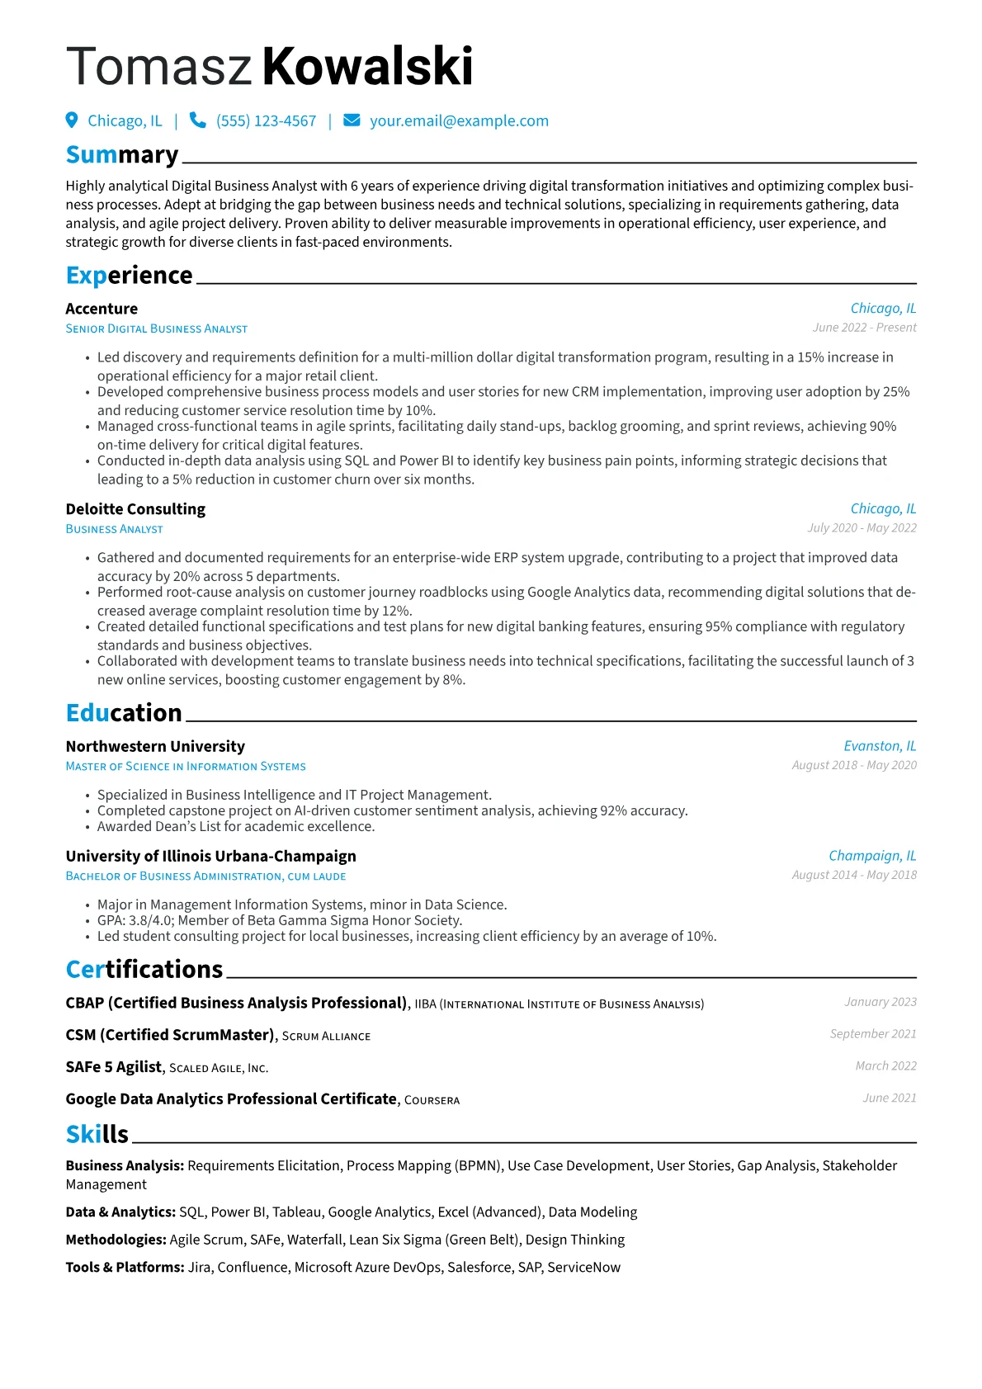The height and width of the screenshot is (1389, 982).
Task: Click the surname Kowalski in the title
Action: pyautogui.click(x=368, y=66)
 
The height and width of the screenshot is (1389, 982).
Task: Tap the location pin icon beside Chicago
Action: pyautogui.click(x=72, y=120)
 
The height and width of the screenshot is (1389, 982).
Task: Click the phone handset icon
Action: pyautogui.click(x=197, y=120)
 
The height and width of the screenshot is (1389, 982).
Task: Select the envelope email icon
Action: pyautogui.click(x=352, y=120)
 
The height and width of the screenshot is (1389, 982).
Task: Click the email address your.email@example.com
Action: pyautogui.click(x=459, y=120)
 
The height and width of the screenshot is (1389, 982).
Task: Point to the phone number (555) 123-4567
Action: pyautogui.click(x=266, y=120)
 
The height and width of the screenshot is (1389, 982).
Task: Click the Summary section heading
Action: pyautogui.click(x=122, y=154)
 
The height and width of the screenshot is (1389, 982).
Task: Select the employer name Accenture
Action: pyautogui.click(x=102, y=309)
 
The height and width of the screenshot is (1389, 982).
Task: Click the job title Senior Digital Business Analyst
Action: pyautogui.click(x=156, y=328)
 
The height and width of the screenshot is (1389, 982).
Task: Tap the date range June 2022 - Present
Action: pyautogui.click(x=864, y=328)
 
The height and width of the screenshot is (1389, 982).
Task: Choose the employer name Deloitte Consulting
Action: pyautogui.click(x=135, y=509)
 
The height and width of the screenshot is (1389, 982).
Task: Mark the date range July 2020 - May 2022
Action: pyautogui.click(x=862, y=528)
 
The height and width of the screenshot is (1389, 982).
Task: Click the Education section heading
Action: pyautogui.click(x=124, y=712)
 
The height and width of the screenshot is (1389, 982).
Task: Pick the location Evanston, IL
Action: pyautogui.click(x=880, y=746)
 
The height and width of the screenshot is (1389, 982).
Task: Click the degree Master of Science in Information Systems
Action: pyautogui.click(x=186, y=767)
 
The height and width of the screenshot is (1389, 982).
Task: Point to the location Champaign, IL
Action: pyautogui.click(x=872, y=856)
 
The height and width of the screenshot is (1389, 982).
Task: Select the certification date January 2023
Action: pyautogui.click(x=880, y=1002)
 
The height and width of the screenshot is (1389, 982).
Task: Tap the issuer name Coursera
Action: pyautogui.click(x=432, y=1100)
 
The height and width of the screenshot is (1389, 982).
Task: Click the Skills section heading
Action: pyautogui.click(x=97, y=1134)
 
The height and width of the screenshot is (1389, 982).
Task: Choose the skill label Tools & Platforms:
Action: pyautogui.click(x=125, y=1267)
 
